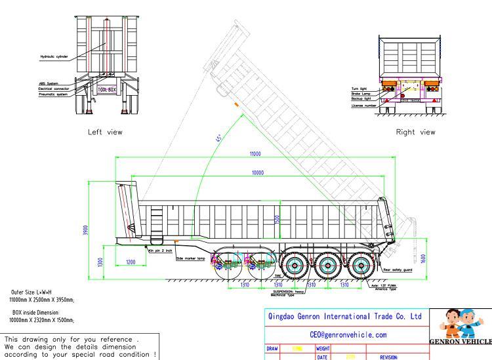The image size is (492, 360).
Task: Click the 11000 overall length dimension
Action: [255, 153]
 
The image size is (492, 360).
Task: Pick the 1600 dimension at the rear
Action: [424, 258]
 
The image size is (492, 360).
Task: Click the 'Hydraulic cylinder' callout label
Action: [54, 56]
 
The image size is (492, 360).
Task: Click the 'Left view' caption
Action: [105, 132]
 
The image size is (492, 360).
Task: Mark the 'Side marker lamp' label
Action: [190, 258]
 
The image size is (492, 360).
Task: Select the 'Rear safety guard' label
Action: [398, 270]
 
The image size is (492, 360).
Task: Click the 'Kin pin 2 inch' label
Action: [159, 250]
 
